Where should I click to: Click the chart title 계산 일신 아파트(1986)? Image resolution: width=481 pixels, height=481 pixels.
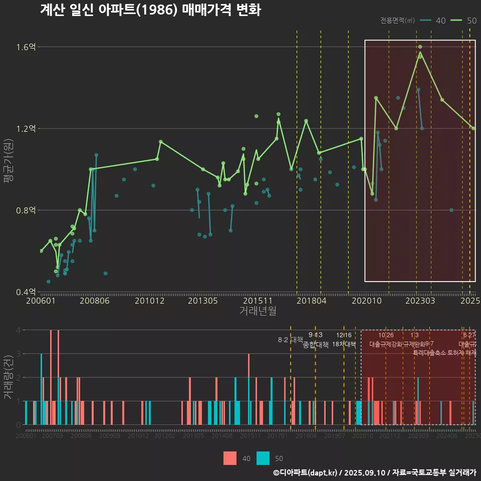(150, 11)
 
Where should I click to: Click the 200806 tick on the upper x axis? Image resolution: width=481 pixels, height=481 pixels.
(95, 301)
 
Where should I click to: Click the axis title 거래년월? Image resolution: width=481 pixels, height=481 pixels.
(258, 311)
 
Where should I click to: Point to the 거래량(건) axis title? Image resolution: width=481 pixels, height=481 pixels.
(9, 377)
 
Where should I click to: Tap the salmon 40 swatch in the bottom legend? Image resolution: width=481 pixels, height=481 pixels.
(230, 458)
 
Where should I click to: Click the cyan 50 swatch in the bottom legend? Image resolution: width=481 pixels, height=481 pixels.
(263, 458)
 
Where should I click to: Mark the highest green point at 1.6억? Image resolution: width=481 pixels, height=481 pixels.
(420, 47)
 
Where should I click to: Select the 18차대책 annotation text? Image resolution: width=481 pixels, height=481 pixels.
(344, 344)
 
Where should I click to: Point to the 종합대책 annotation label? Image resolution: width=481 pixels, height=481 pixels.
(316, 345)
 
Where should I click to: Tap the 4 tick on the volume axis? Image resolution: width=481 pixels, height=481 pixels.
(19, 330)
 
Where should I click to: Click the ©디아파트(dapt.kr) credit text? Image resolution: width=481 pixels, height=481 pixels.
(306, 472)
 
